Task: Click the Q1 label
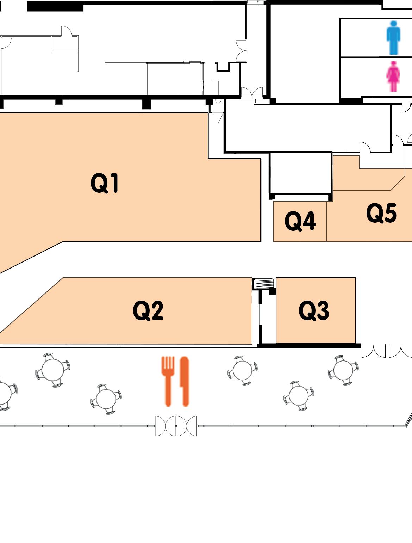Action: point(105,183)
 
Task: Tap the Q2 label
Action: point(148,310)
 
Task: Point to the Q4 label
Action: point(300,221)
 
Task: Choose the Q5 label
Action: point(381,213)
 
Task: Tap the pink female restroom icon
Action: point(393,76)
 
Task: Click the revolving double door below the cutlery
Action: point(176,426)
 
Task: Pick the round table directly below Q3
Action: point(299,395)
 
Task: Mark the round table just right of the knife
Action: point(242,370)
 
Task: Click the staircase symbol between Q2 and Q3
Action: point(263,283)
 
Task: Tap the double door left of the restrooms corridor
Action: point(252,92)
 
